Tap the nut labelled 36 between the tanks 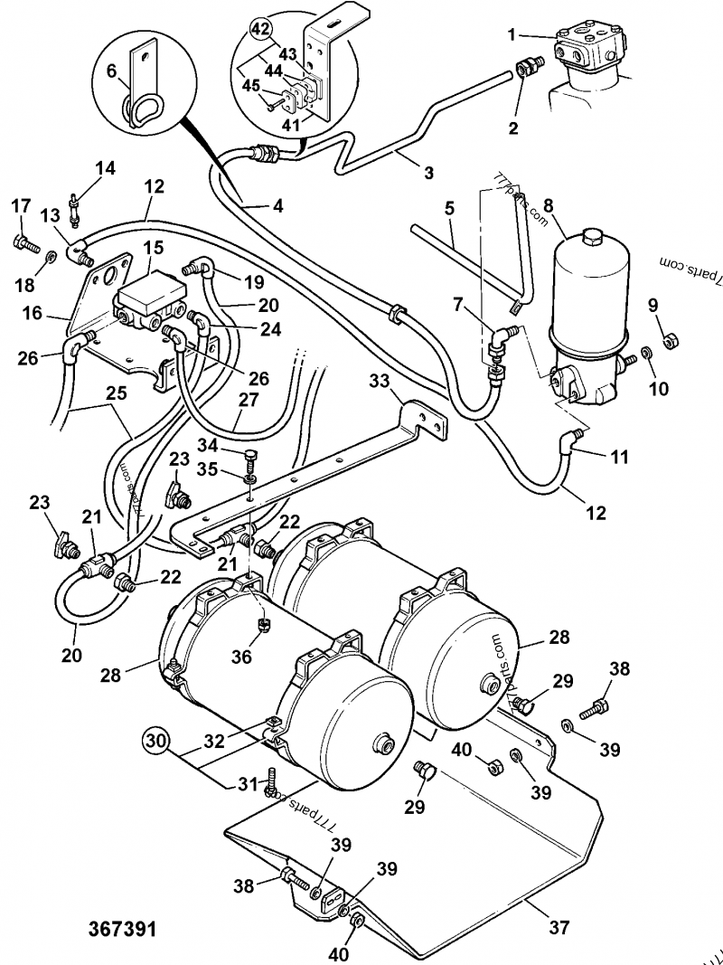pyautogui.click(x=264, y=623)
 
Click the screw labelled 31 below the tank pyautogui.click(x=271, y=785)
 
